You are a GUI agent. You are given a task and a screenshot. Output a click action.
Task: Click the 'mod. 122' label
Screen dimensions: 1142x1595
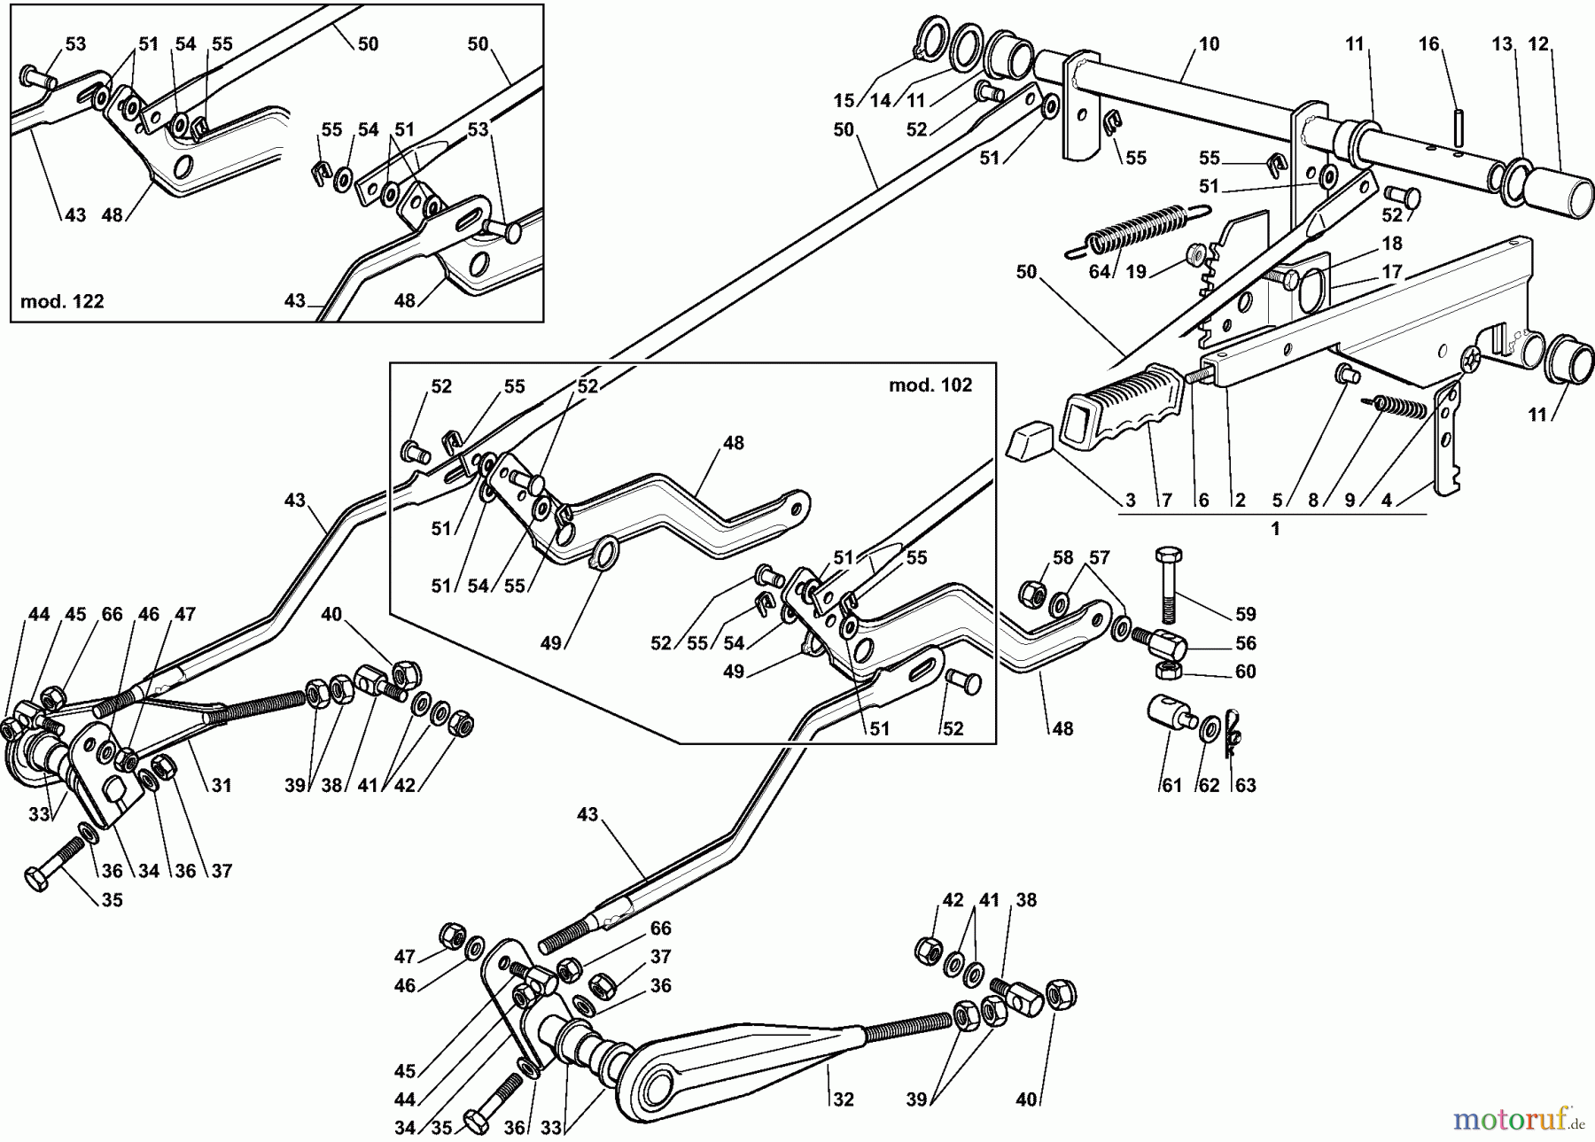pyautogui.click(x=62, y=301)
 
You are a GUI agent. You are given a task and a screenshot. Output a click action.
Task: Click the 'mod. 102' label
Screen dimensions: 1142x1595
pyautogui.click(x=930, y=385)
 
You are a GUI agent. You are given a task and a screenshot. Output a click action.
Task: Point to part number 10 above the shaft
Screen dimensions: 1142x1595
pyautogui.click(x=1209, y=43)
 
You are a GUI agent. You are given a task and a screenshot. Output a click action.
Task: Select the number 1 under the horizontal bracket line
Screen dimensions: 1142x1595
pyautogui.click(x=1275, y=529)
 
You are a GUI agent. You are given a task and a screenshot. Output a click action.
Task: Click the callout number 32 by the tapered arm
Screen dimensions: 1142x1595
pyautogui.click(x=843, y=1099)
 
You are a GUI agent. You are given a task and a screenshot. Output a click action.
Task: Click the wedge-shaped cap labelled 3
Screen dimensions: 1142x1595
pyautogui.click(x=1028, y=440)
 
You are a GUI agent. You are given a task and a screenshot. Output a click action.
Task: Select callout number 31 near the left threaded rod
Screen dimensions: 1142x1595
pyautogui.click(x=221, y=785)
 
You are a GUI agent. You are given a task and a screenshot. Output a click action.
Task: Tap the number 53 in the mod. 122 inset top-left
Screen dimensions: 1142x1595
pyautogui.click(x=75, y=43)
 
